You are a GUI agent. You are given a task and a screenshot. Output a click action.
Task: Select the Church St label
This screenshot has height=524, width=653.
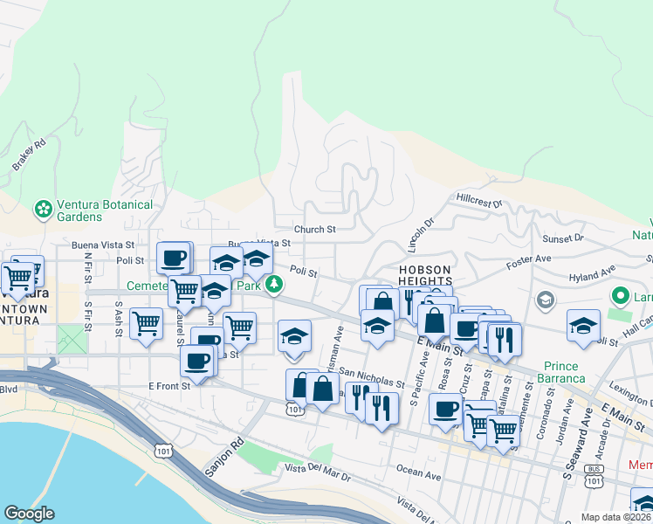314,230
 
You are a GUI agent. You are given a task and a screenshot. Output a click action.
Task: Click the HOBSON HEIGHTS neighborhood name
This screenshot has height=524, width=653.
424,276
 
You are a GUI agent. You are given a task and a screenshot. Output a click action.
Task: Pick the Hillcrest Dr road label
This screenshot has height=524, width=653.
480,200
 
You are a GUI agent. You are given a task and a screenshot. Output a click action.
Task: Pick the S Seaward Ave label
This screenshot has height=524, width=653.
577,455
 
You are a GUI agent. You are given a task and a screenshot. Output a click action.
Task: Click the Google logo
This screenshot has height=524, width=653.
29,514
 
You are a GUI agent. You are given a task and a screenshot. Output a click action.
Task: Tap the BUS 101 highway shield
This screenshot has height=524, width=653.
595,480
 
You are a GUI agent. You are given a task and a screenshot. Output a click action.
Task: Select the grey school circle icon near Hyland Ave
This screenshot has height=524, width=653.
546,301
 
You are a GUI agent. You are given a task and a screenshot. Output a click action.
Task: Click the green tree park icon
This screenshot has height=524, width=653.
274,285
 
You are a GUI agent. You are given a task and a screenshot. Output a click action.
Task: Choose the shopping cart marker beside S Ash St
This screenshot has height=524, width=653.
146,323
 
